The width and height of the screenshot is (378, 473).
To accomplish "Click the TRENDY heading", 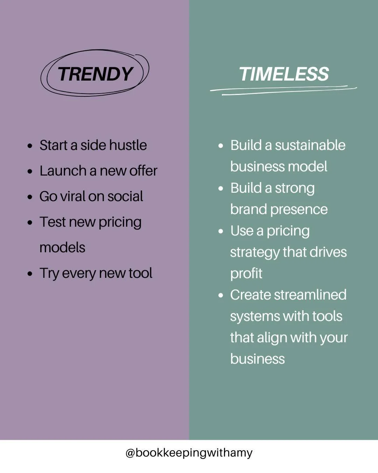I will point(95,74).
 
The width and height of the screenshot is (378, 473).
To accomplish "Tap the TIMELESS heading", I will point(284,74).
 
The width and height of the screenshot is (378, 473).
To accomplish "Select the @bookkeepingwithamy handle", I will point(189,453).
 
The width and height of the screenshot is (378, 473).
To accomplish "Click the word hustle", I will point(129,145).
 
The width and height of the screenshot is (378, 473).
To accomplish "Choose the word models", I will point(62,248).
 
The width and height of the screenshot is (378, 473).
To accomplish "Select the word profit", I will point(246,274).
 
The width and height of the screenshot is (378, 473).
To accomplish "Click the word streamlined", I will point(310,295).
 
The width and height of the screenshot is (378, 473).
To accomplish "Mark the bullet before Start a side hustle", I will point(30,146).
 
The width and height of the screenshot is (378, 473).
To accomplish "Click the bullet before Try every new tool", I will point(30,274).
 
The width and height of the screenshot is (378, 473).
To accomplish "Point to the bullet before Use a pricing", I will point(220,231).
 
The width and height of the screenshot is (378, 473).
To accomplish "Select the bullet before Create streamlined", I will point(220,295).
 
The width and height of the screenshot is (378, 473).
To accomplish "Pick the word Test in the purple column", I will point(52,222).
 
